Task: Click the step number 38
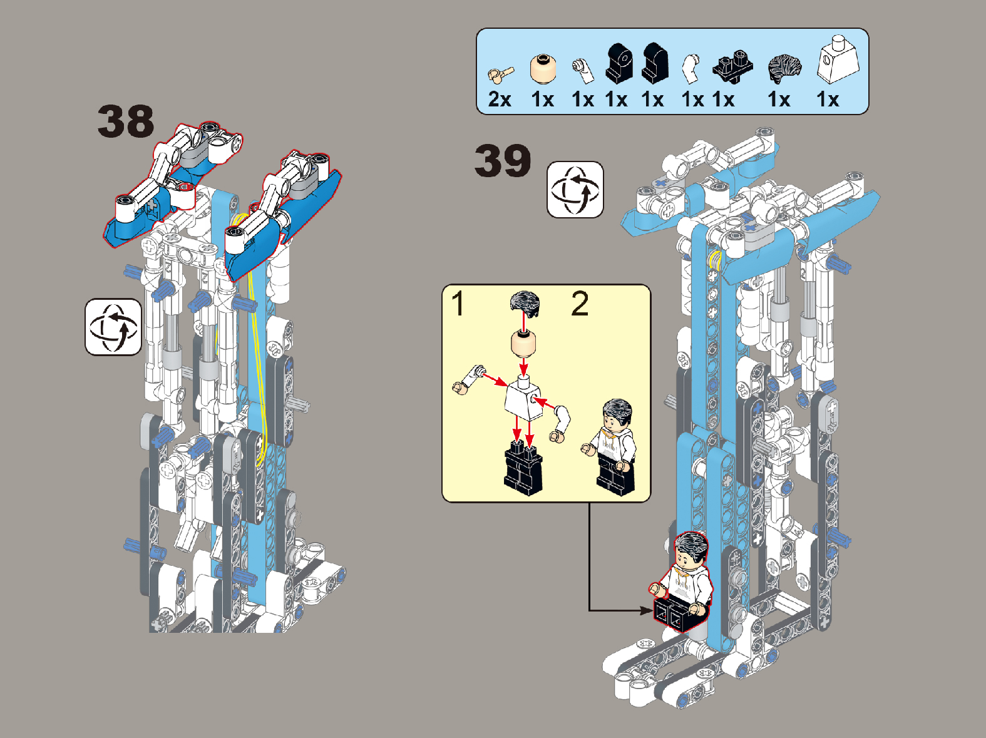point(126,121)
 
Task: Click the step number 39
point(503,160)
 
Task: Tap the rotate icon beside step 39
point(575,190)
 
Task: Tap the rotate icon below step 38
point(113,327)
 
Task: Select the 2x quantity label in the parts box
point(500,100)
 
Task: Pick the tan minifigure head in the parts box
point(543,69)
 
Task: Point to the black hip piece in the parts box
point(732,68)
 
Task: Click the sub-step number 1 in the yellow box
point(458,304)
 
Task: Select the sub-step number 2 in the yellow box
point(580,304)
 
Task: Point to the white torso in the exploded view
point(524,398)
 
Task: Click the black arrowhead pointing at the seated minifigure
point(647,610)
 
